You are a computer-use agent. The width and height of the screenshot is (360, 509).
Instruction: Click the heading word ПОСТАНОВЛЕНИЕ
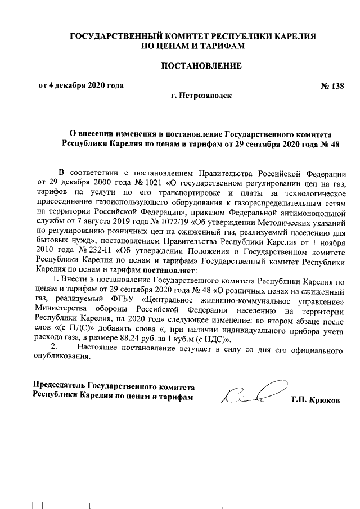(x=201, y=66)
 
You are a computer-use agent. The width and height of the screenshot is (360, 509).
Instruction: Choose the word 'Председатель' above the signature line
(x=59, y=388)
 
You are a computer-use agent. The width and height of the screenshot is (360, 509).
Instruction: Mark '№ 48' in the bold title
(x=332, y=144)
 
